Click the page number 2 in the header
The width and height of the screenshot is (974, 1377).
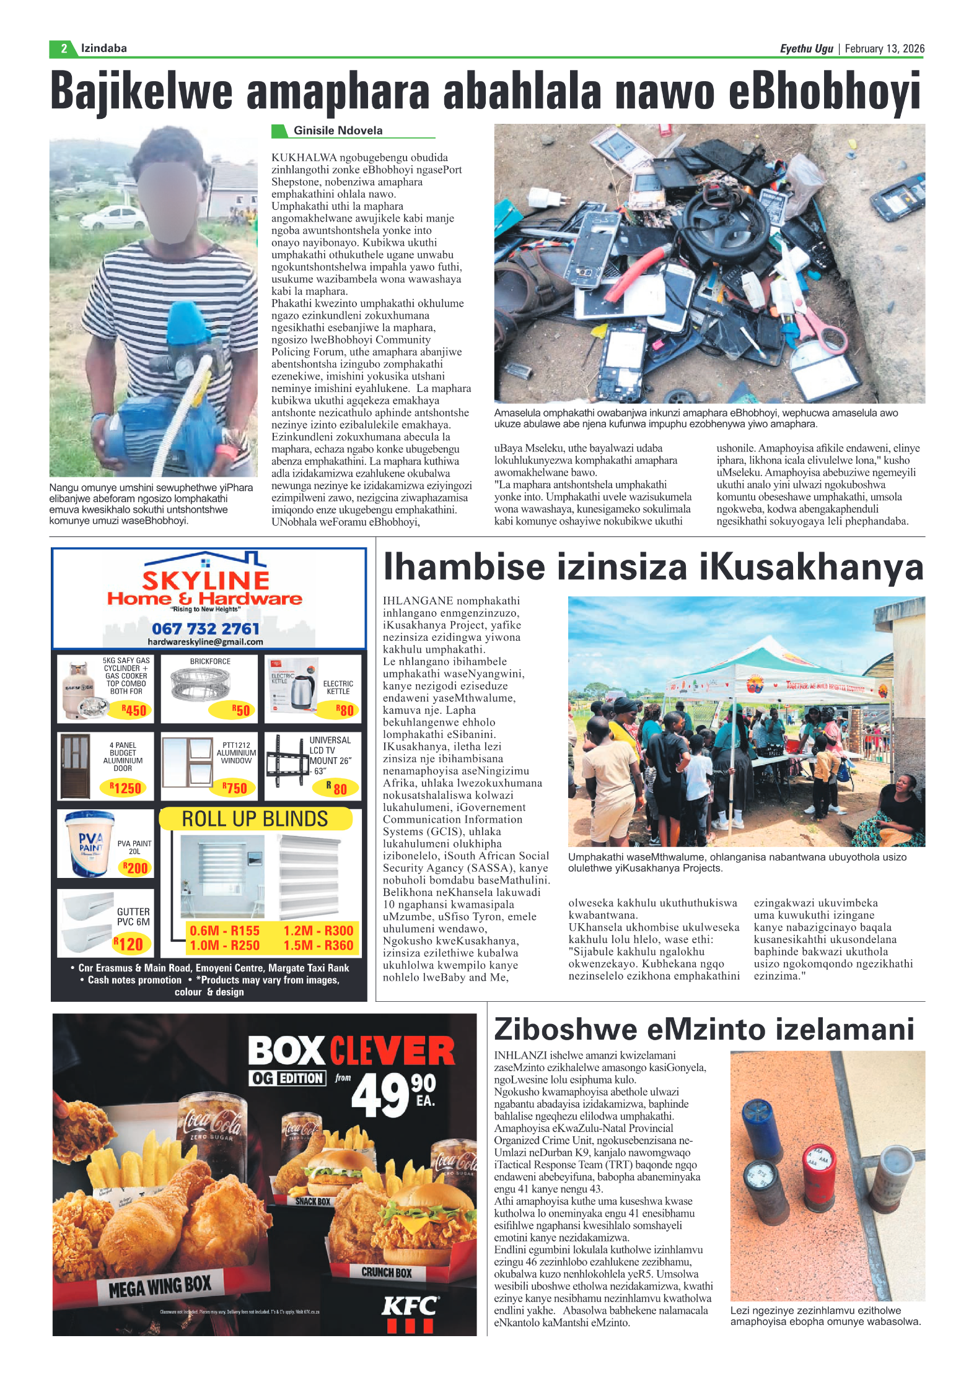[63, 48]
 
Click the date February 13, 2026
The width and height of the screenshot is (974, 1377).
[884, 48]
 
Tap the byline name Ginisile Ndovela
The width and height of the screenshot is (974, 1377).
[338, 131]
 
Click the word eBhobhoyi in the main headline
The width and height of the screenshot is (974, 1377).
[824, 92]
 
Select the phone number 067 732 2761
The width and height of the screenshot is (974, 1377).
[205, 628]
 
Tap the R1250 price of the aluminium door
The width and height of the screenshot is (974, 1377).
[126, 788]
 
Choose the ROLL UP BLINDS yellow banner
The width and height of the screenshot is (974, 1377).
[255, 819]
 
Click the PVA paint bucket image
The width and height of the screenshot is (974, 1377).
[89, 843]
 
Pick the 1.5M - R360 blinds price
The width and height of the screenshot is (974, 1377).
[318, 945]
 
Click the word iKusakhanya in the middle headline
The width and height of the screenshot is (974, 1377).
[811, 567]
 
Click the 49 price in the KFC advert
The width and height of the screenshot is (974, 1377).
[380, 1095]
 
